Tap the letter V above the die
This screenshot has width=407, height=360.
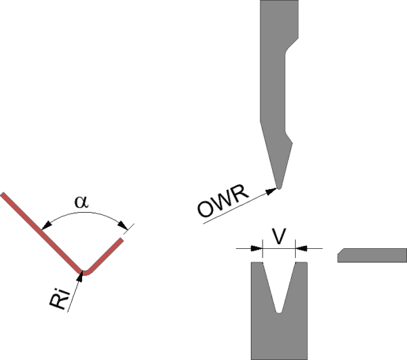coord(278,235)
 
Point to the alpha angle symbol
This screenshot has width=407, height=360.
coord(82,202)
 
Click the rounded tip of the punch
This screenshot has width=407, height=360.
coord(278,186)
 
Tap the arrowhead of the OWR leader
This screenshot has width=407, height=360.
coord(274,190)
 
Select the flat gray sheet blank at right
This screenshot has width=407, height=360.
coord(372,255)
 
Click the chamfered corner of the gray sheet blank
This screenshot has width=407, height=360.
coord(341,252)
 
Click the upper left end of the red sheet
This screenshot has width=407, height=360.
coord(3,196)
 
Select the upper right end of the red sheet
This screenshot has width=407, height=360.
coord(123,239)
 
